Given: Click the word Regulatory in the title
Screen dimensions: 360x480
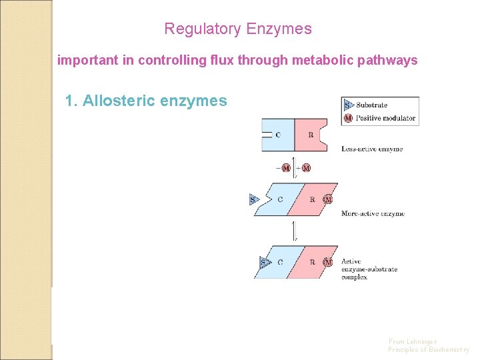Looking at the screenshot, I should point(203,29).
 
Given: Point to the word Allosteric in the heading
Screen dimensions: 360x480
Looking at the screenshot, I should point(119,101).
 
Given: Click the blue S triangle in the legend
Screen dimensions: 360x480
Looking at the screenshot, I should point(347,105).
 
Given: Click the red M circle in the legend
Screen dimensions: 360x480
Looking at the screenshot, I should point(348,118).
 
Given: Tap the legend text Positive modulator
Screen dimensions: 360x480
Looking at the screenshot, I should point(385,118).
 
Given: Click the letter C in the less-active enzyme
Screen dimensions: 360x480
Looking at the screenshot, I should point(278,135).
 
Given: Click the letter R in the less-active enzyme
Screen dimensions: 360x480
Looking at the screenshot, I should point(311,135).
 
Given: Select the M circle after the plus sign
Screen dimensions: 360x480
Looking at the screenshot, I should point(306,167).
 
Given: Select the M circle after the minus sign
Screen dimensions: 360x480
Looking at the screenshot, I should point(286,167).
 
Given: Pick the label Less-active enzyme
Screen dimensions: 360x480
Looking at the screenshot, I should point(371,149).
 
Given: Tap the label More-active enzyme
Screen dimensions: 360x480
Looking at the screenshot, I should point(372,214).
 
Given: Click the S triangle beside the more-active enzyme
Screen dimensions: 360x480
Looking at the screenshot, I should point(254,199).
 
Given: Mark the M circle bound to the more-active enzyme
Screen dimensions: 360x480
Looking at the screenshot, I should point(327,199).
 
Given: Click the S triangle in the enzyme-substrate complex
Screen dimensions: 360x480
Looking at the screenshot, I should point(264,262).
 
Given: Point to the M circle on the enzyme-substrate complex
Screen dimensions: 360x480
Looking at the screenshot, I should point(327,262).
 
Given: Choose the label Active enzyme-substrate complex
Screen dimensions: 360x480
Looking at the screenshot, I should point(369,269).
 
